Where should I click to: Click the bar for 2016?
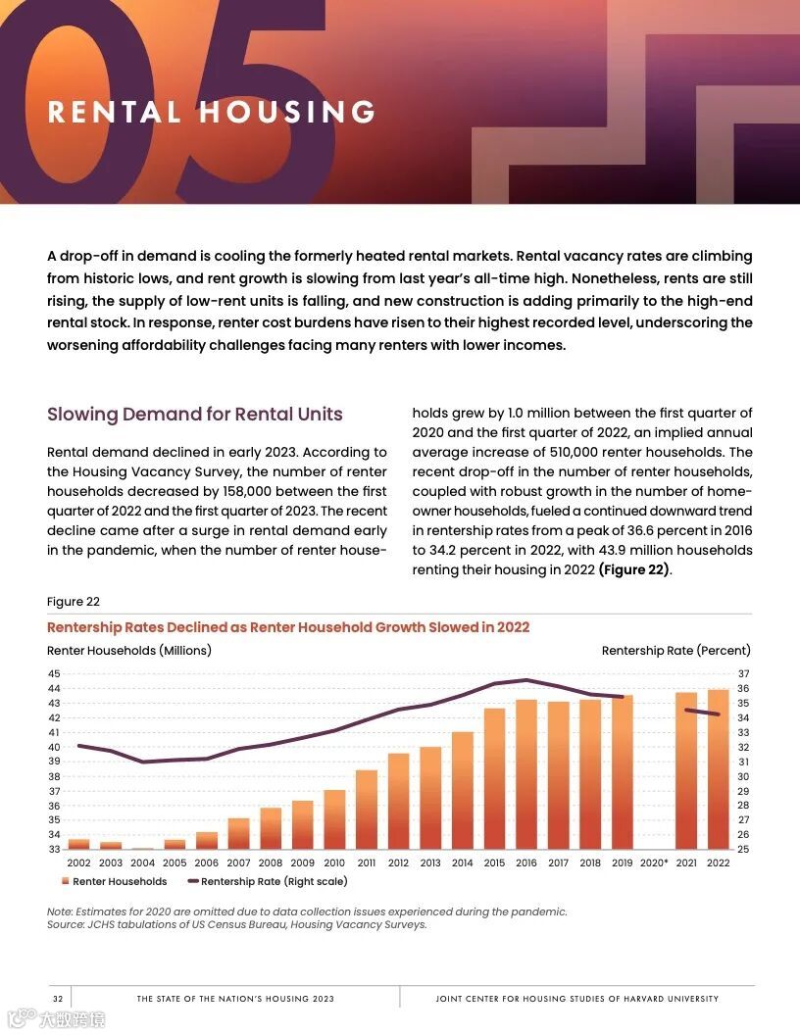pos(526,774)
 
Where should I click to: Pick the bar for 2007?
pos(238,833)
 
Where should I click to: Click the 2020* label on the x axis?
pos(654,863)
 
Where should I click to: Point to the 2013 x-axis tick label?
pos(430,863)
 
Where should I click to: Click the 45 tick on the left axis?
pos(54,673)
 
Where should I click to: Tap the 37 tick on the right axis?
pos(743,673)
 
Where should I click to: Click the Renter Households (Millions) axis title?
pos(129,650)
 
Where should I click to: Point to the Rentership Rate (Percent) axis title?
pos(675,650)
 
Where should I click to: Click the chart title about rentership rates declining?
pos(288,627)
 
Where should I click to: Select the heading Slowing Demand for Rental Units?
pos(195,414)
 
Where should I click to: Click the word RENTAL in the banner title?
pos(115,112)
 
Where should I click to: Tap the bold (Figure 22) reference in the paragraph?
pos(634,569)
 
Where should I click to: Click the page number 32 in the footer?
pos(58,999)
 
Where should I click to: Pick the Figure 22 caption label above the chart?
pos(74,602)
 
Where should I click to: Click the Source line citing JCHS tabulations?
pos(237,924)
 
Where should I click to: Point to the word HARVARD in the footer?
pos(615,999)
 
